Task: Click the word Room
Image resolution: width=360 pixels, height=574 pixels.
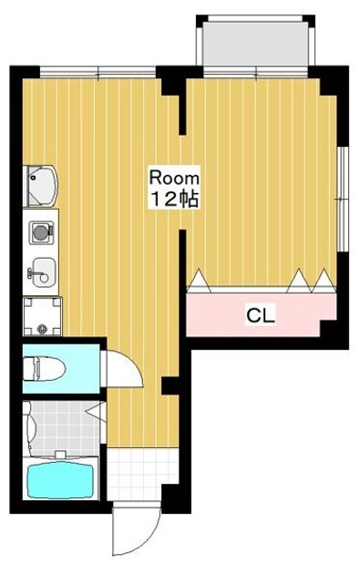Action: (x=174, y=179)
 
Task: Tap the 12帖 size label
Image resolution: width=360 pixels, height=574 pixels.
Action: (x=175, y=199)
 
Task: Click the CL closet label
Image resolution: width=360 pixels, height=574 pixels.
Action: (x=261, y=315)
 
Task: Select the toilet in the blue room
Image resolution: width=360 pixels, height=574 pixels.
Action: (x=44, y=369)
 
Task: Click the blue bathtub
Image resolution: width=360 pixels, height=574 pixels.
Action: (x=60, y=479)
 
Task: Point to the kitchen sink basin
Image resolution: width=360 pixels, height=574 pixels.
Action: (x=43, y=272)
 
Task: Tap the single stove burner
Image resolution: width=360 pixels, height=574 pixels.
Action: (x=40, y=231)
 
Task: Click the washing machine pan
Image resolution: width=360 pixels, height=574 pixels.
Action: (x=43, y=317)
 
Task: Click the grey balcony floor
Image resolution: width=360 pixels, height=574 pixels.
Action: (x=255, y=44)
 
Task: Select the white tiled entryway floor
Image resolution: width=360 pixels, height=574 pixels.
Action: (x=143, y=474)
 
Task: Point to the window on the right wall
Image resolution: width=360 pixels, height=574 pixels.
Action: (x=342, y=199)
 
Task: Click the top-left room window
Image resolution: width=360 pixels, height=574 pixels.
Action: (x=98, y=72)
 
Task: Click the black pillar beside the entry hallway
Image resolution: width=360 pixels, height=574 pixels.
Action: (x=170, y=386)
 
